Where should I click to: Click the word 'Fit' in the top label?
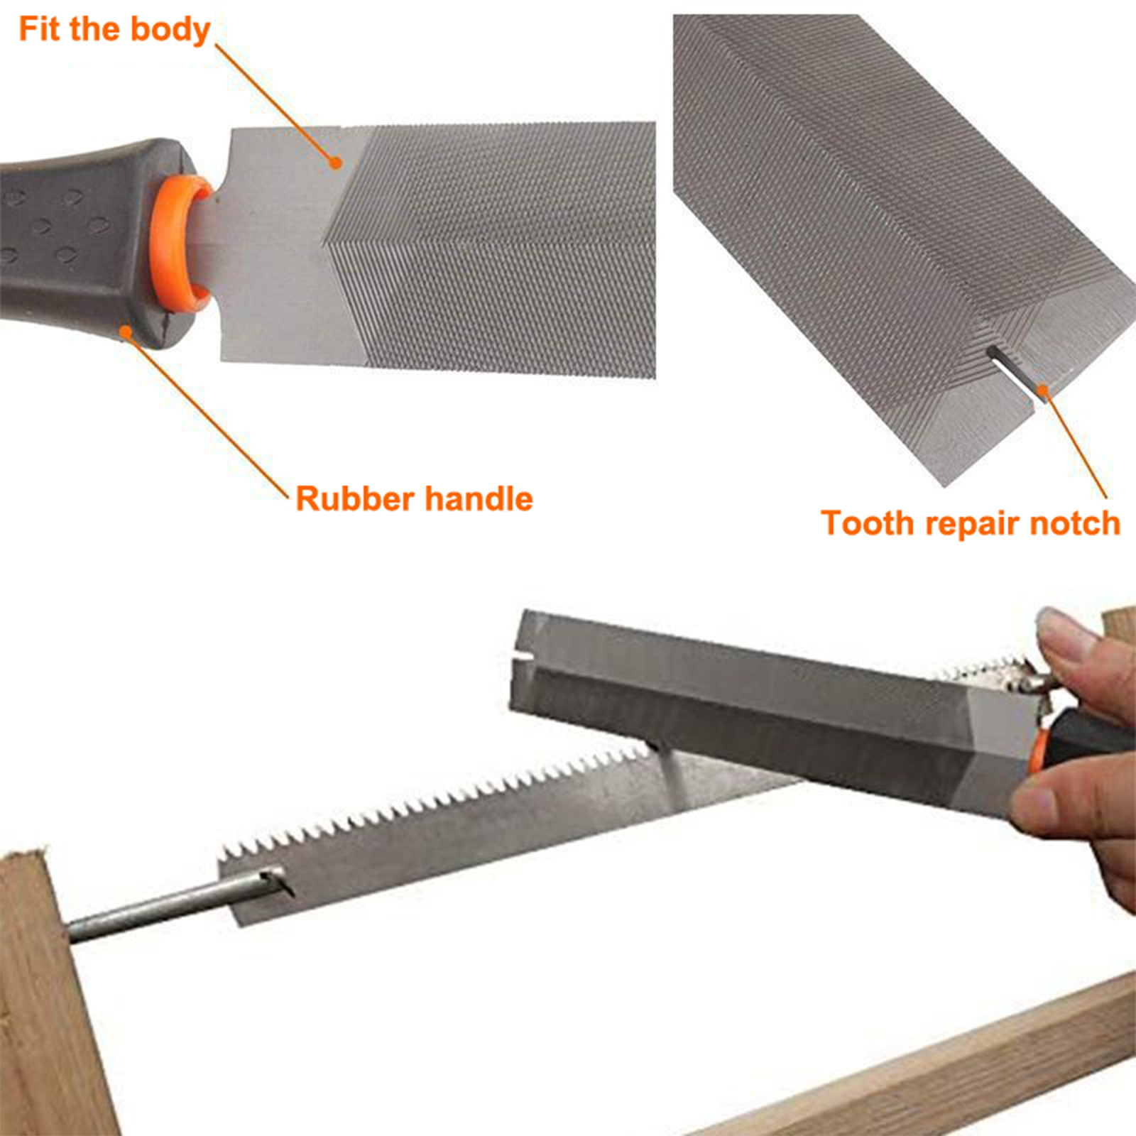click(40, 29)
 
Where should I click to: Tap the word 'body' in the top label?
click(170, 31)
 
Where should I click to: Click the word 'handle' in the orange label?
click(479, 498)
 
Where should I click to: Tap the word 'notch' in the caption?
click(1075, 523)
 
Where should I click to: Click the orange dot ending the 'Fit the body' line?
click(337, 163)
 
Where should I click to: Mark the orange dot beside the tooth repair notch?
click(1042, 390)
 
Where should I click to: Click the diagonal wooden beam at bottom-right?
click(923, 1065)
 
